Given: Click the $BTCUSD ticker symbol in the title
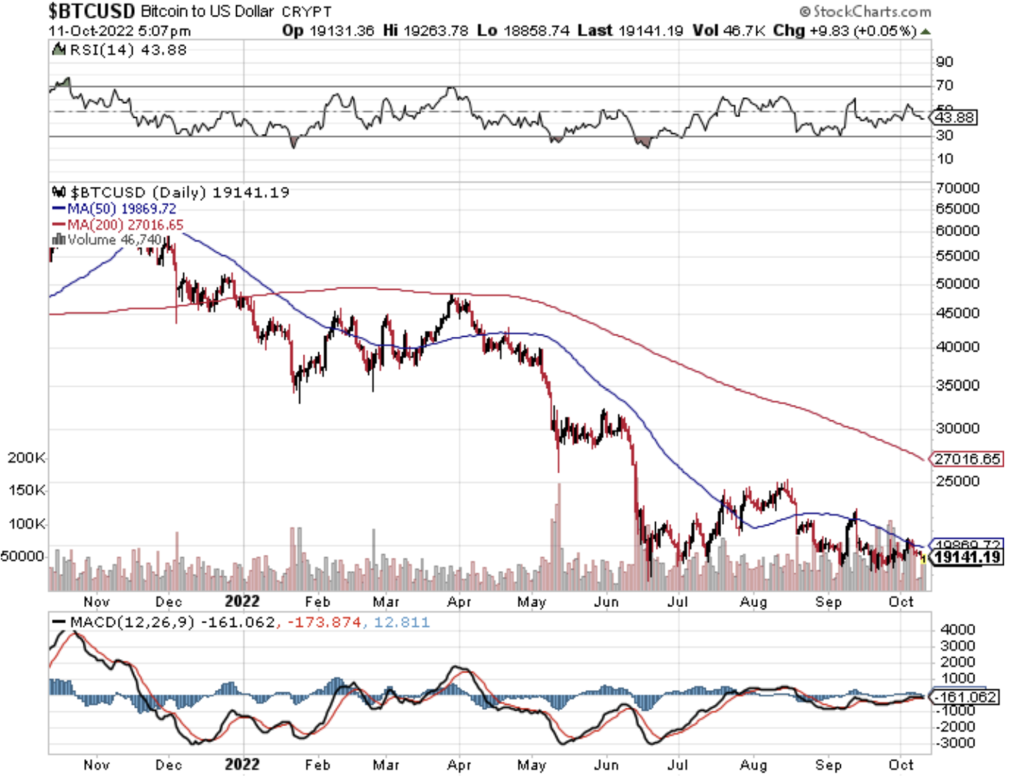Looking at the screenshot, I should coord(91,11).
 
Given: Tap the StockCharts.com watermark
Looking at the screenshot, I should coord(866,11).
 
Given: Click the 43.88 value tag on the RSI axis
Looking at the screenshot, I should coord(954,118).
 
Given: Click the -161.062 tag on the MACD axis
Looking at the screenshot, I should coord(965,697).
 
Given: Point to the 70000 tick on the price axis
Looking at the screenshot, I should coord(957,188).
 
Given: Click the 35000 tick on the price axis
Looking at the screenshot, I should coord(957,385).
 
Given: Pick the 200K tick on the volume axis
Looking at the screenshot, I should coord(26,458).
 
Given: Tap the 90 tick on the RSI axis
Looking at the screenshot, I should coord(945,62).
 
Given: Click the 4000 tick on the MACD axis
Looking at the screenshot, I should coord(958,629).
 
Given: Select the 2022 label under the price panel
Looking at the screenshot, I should coord(242,601).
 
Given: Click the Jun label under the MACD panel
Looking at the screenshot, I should coord(606,765).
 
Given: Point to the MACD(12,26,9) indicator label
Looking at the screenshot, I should coord(132,622).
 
